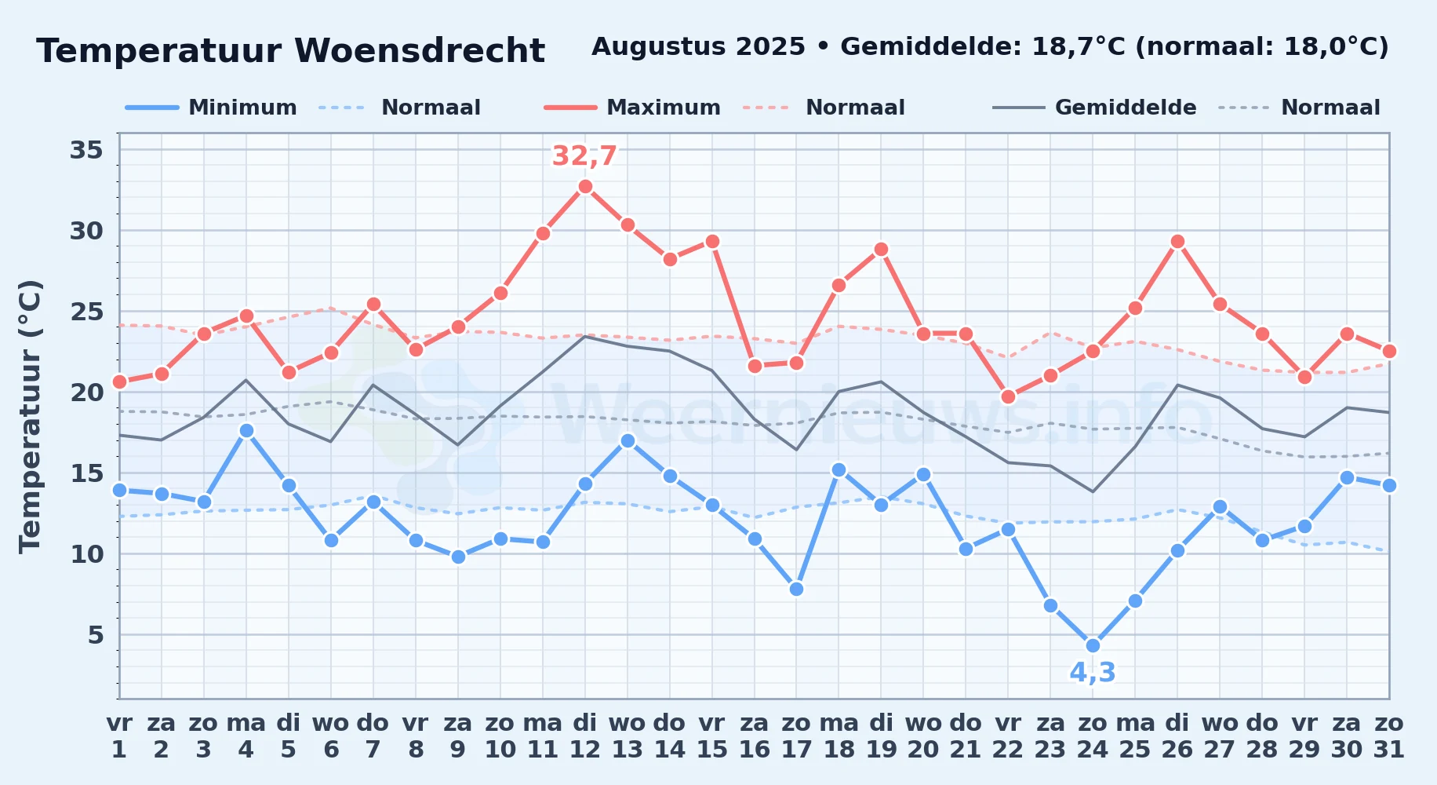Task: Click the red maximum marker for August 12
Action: (585, 186)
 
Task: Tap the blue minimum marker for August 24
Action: (1093, 645)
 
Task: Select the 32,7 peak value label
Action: (584, 156)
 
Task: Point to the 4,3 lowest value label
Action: (1093, 673)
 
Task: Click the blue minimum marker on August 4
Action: (246, 430)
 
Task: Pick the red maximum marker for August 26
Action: (1177, 241)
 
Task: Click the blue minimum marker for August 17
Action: (796, 589)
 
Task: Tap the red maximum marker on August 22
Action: (1008, 396)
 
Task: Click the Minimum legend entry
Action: (211, 108)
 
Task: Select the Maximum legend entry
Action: (632, 108)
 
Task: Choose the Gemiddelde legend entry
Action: (1094, 108)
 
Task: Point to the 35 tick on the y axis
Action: (86, 149)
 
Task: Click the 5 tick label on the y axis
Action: (96, 634)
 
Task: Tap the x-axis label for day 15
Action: (712, 736)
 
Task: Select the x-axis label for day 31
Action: (1389, 736)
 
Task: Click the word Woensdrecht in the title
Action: (420, 51)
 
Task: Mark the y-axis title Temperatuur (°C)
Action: (30, 416)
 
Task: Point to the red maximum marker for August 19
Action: (881, 249)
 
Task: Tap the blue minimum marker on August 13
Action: (628, 440)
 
